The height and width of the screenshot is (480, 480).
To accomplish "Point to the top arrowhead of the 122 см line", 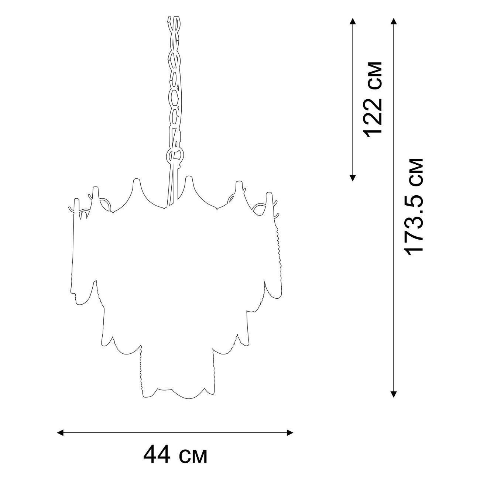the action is [x=353, y=21].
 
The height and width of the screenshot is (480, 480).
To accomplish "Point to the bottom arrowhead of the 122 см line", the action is [x=353, y=178].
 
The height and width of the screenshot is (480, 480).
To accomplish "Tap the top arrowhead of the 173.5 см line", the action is [x=394, y=21].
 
